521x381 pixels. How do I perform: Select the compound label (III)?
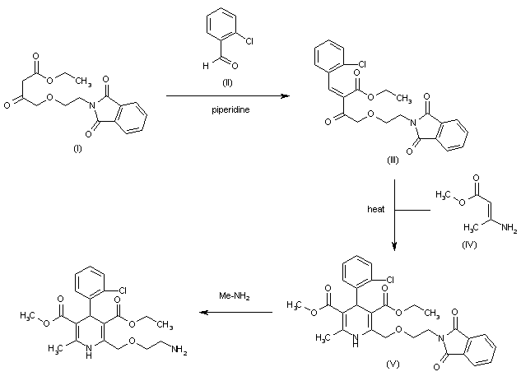point(393,160)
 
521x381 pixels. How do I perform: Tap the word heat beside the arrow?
point(376,209)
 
